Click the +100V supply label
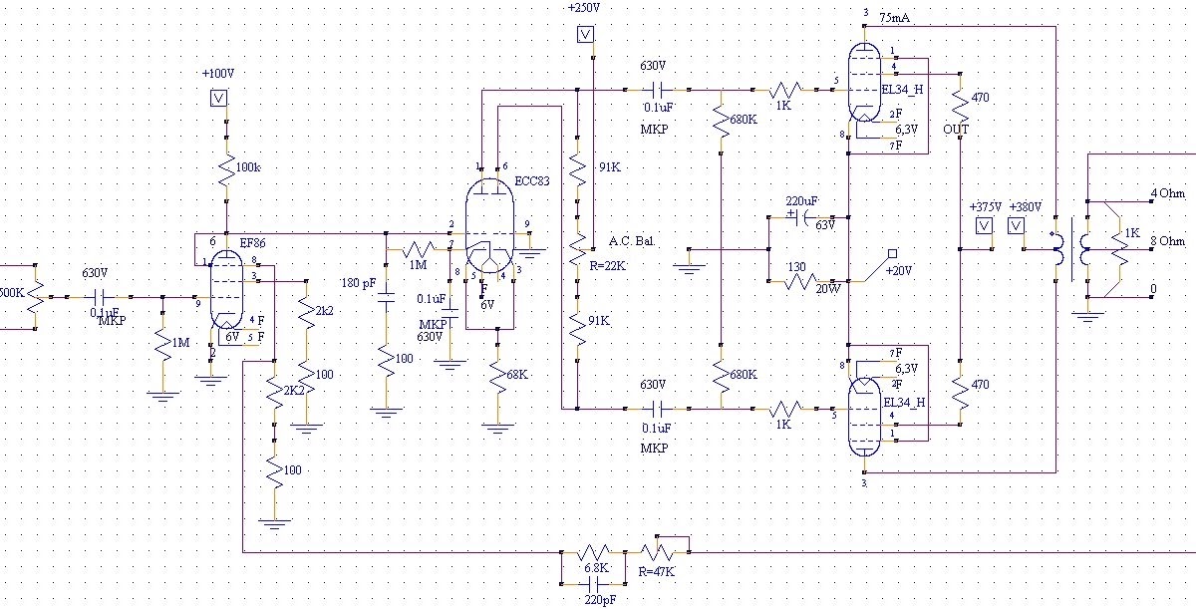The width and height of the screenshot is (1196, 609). (x=217, y=74)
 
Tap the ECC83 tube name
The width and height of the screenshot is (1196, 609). (x=532, y=181)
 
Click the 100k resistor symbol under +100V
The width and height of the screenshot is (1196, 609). (x=226, y=167)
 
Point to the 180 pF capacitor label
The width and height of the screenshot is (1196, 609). (x=358, y=283)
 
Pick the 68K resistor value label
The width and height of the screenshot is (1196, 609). (x=517, y=374)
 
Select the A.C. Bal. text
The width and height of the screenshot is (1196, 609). (x=631, y=241)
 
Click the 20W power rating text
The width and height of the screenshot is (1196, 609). (x=826, y=288)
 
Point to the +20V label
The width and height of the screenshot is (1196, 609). (x=900, y=270)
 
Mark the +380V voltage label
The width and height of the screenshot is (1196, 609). (x=1024, y=206)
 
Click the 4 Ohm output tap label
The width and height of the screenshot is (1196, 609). (x=1167, y=192)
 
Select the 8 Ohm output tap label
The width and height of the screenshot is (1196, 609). (x=1167, y=241)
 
